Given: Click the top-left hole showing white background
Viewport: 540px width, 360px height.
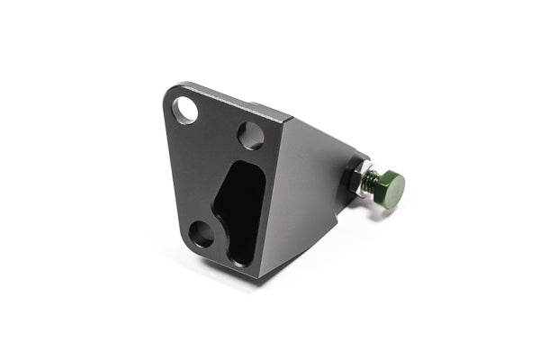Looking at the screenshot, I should click(x=185, y=110).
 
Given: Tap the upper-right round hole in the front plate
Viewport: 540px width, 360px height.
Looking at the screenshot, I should click(x=251, y=135).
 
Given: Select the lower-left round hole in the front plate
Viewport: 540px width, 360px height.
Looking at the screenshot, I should click(x=202, y=234).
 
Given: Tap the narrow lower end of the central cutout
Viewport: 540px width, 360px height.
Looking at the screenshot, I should click(x=240, y=255).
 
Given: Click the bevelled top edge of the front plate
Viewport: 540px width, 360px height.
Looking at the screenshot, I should click(x=234, y=100).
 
